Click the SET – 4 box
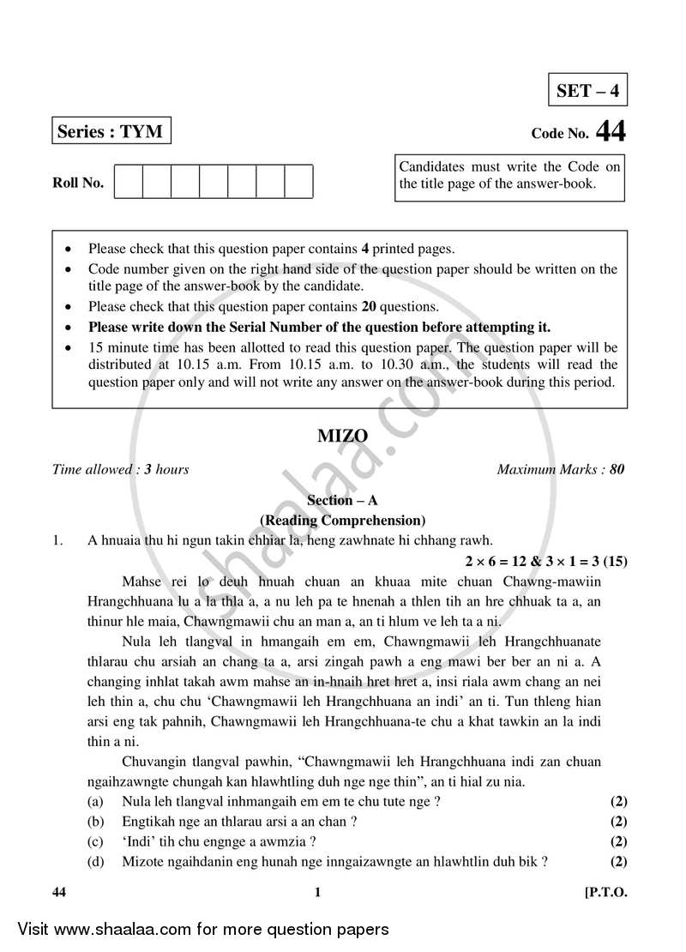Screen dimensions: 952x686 (x=587, y=90)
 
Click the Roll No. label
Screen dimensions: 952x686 (x=78, y=183)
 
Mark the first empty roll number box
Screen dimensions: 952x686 (x=129, y=182)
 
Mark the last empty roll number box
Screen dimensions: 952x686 (x=298, y=182)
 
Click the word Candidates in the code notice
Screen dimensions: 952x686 (x=432, y=166)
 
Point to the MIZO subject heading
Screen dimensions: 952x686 (x=342, y=437)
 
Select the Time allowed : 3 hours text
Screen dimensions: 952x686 (x=120, y=469)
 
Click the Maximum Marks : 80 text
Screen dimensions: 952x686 (x=561, y=469)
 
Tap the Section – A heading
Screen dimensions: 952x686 (x=342, y=501)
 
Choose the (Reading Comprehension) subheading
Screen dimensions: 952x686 (x=342, y=520)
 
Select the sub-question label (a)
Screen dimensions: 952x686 (x=96, y=802)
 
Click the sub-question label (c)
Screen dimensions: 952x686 (x=96, y=841)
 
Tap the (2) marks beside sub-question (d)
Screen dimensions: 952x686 (x=618, y=861)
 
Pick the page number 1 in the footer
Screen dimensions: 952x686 (x=317, y=892)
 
